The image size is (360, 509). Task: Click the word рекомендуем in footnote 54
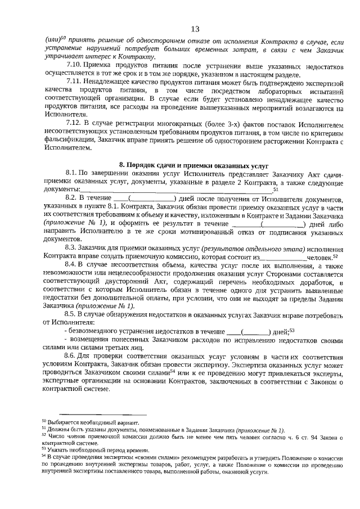[189, 459]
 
